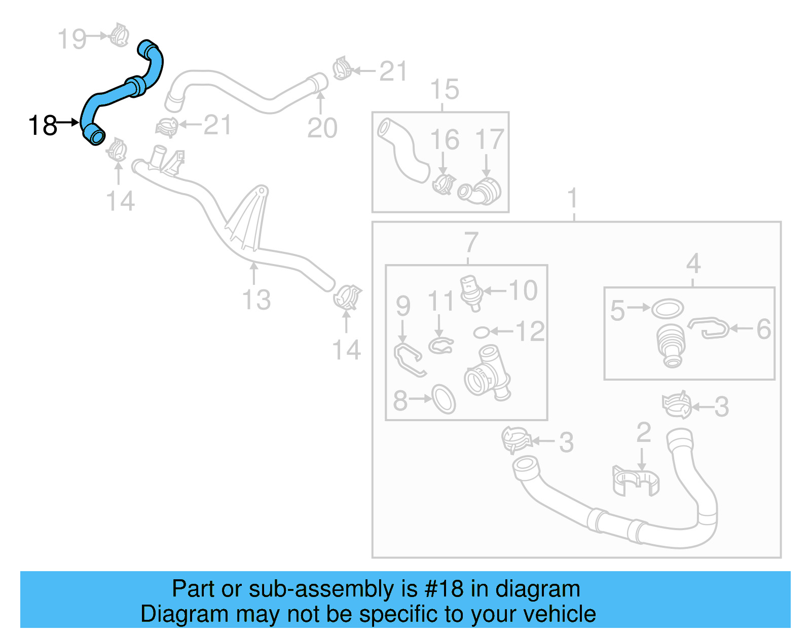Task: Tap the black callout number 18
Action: [43, 126]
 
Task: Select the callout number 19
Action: [72, 39]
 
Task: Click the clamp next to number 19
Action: [120, 35]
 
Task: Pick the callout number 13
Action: [256, 300]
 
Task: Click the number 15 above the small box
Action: [445, 90]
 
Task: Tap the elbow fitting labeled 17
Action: [482, 192]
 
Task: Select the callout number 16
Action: [445, 140]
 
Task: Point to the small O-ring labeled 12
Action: [481, 332]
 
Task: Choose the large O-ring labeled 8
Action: [444, 399]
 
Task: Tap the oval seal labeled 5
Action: [668, 308]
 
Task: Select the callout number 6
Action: [764, 329]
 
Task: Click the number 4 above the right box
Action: [693, 264]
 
